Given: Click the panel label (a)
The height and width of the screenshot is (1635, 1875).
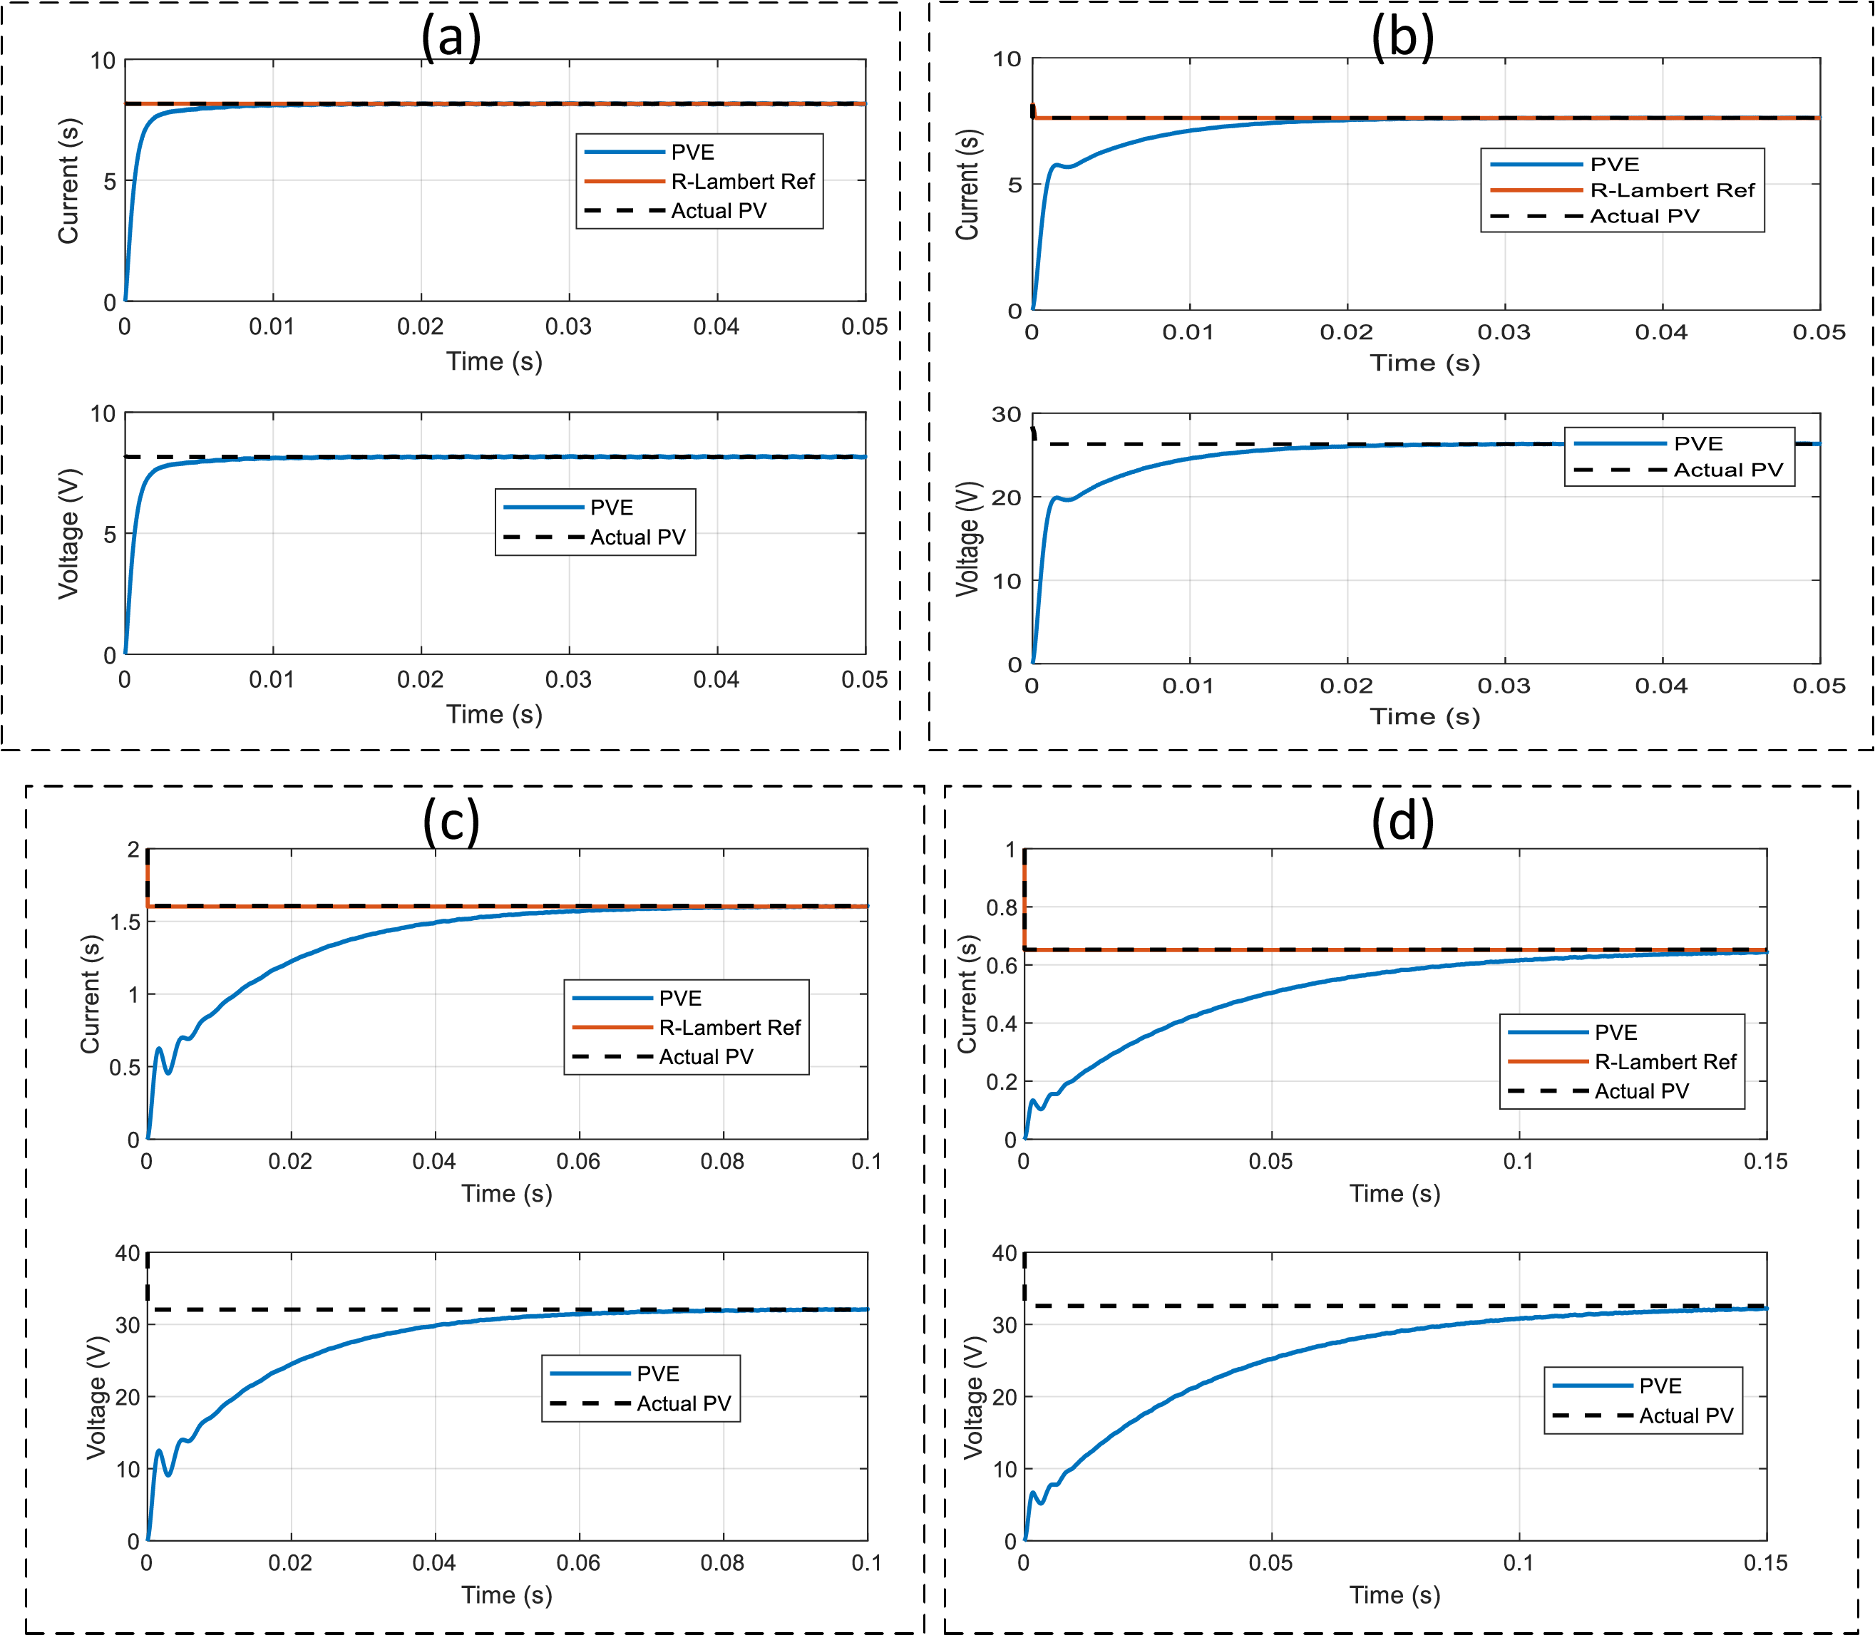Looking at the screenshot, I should [451, 38].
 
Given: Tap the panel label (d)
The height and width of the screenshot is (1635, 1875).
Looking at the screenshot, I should [1402, 821].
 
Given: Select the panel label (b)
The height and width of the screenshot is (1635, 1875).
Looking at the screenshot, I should [1402, 38].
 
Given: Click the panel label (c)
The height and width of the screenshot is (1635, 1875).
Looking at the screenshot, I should [451, 821].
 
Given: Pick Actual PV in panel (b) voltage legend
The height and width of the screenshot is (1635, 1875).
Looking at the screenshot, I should [1727, 470].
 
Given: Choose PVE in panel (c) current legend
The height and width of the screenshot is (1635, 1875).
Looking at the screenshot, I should [679, 998].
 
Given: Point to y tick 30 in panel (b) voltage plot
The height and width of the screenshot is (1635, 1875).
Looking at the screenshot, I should [1007, 415].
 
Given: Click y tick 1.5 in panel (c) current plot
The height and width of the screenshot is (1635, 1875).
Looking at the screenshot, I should [125, 922].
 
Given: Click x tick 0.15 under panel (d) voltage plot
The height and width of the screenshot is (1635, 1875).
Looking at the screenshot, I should [1765, 1563].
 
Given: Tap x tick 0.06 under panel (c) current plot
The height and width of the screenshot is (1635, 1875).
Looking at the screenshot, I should [578, 1162].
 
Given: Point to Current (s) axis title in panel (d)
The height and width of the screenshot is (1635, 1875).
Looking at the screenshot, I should [967, 994].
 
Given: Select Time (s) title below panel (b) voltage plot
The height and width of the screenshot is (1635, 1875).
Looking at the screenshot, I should [1424, 716].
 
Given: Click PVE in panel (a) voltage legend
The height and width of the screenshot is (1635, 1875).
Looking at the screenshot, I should [611, 507].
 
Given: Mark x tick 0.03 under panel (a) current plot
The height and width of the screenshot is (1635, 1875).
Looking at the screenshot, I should [568, 326].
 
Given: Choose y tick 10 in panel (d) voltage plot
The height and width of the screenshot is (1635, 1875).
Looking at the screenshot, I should [1004, 1469].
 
